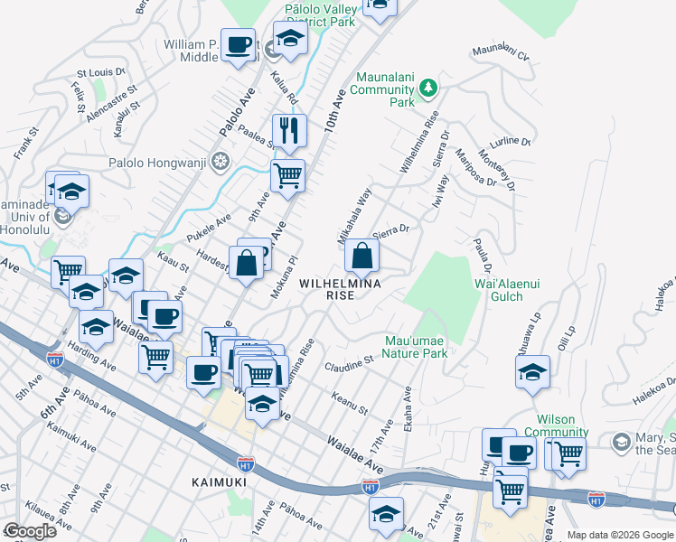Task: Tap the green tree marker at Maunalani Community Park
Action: (428, 89)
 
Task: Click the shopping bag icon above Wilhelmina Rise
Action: (361, 257)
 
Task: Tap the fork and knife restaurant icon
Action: (289, 130)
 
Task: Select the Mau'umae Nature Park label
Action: (416, 348)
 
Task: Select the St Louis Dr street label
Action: (100, 72)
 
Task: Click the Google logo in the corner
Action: (29, 531)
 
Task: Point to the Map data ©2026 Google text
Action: (620, 535)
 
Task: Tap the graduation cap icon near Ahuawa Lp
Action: (532, 371)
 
